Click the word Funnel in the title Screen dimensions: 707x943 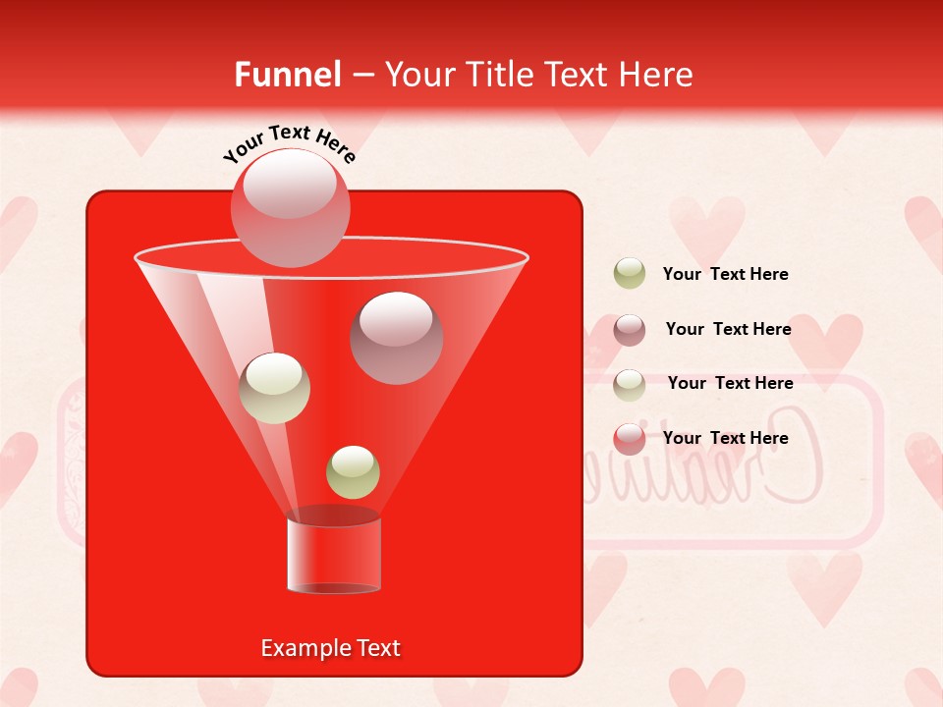(287, 75)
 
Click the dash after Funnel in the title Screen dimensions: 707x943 (361, 76)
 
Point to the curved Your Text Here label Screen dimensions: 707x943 (290, 143)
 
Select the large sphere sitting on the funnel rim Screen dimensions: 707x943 (290, 207)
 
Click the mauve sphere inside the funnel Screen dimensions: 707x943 (396, 337)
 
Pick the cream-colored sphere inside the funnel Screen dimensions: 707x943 (274, 388)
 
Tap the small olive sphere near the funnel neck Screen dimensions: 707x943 (353, 471)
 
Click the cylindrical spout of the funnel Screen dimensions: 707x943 (334, 552)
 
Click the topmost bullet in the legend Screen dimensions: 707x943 (629, 274)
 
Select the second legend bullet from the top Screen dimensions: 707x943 (629, 330)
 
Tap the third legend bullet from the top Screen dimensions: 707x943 (629, 384)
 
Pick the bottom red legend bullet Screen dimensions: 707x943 (629, 439)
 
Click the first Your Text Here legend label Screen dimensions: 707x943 (725, 274)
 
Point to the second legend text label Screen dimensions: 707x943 (728, 329)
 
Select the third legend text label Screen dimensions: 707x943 (730, 383)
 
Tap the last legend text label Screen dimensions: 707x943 (725, 438)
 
